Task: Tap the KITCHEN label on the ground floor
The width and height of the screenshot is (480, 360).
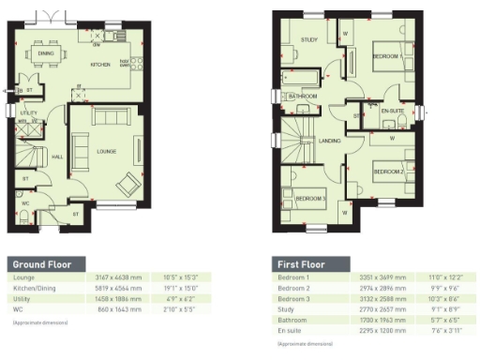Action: pyautogui.click(x=99, y=65)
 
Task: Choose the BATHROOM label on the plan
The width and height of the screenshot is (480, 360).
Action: pyautogui.click(x=303, y=96)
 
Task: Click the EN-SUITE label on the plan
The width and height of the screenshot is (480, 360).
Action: pyautogui.click(x=392, y=111)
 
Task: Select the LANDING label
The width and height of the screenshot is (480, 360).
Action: pyautogui.click(x=329, y=141)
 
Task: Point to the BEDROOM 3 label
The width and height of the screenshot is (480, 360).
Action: pyautogui.click(x=311, y=199)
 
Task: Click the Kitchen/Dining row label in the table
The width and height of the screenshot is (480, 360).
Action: pyautogui.click(x=35, y=288)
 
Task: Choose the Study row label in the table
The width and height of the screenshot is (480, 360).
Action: pyautogui.click(x=285, y=308)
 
